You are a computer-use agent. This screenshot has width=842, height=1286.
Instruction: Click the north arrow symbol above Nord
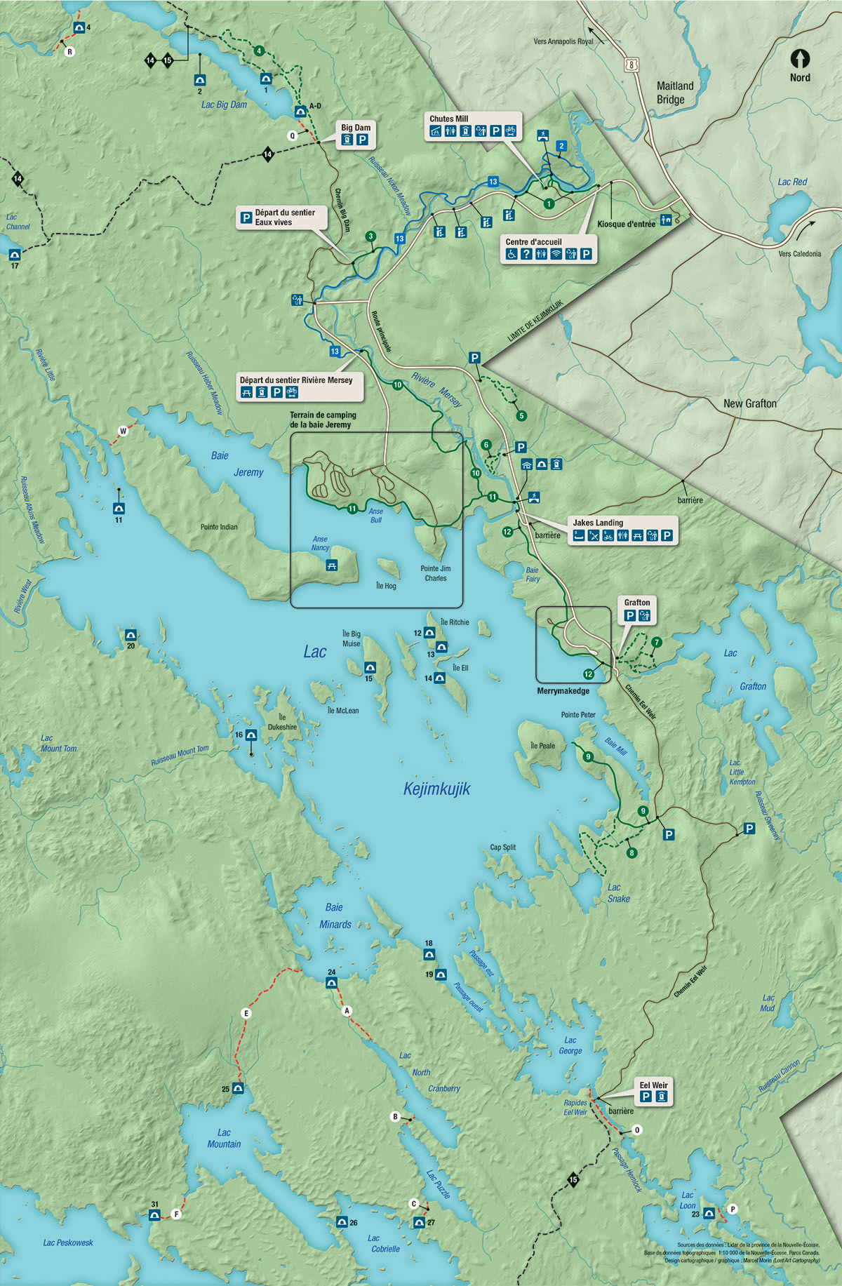point(800,58)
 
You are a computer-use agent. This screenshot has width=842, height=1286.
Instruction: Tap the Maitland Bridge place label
point(674,93)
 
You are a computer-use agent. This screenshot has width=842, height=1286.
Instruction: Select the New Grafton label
point(750,403)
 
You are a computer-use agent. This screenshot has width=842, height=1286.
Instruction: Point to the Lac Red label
point(792,182)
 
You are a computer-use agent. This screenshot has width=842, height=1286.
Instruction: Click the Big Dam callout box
point(355,134)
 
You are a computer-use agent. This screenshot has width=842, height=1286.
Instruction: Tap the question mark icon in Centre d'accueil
point(526,254)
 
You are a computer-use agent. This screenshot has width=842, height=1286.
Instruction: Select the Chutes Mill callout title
point(448,119)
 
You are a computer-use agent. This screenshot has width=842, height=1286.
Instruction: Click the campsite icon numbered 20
point(131,635)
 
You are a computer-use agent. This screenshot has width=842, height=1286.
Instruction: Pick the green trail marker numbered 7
point(656,642)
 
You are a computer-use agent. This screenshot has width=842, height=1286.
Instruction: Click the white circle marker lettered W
point(123,431)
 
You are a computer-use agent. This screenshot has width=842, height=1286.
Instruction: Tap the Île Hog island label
point(386,586)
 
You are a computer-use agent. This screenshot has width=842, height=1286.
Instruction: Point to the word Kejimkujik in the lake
point(436,789)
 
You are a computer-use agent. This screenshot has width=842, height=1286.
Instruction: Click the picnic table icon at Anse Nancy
point(332,565)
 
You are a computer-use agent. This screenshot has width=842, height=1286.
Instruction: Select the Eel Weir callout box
point(653,1091)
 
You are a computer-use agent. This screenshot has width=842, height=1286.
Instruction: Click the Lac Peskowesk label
point(67,1243)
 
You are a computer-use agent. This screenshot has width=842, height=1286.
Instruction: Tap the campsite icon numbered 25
point(238,1088)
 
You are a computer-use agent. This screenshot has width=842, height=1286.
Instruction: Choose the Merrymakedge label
point(563,691)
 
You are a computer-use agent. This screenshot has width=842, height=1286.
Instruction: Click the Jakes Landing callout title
point(597,523)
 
